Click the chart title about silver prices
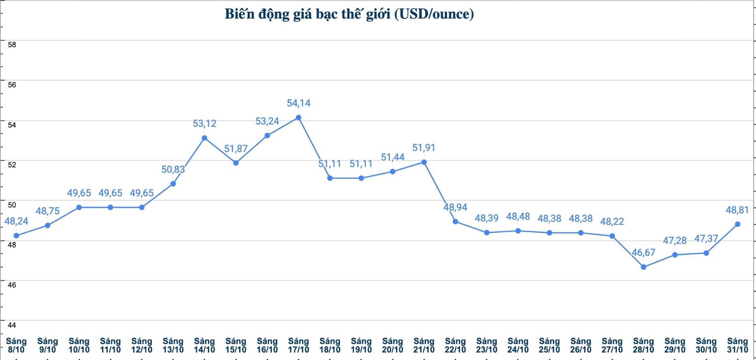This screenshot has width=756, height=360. [x=349, y=14]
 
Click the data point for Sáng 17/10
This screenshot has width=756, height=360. [x=298, y=117]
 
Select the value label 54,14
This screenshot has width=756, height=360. [x=298, y=103]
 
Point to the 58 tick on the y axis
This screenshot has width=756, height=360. [x=12, y=45]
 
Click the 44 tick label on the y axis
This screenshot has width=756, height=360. [x=12, y=325]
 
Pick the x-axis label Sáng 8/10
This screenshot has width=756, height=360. [x=16, y=345]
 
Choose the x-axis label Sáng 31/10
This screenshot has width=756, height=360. [x=737, y=345]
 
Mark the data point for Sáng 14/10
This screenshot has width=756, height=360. [x=204, y=138]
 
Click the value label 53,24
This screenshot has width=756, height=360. [x=267, y=121]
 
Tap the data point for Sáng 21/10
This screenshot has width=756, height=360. [x=424, y=162]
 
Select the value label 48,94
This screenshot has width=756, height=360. [x=455, y=207]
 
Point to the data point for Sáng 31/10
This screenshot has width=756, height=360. [x=737, y=224]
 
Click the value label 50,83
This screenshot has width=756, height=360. [x=173, y=170]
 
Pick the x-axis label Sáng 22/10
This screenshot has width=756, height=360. [x=455, y=345]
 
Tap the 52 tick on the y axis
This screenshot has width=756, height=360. [x=12, y=165]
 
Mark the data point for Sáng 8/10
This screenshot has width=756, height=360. [x=16, y=236]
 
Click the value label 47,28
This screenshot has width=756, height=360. [x=675, y=241]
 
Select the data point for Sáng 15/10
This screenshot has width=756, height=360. [x=236, y=163]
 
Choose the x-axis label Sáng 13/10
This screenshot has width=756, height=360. [x=173, y=345]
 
